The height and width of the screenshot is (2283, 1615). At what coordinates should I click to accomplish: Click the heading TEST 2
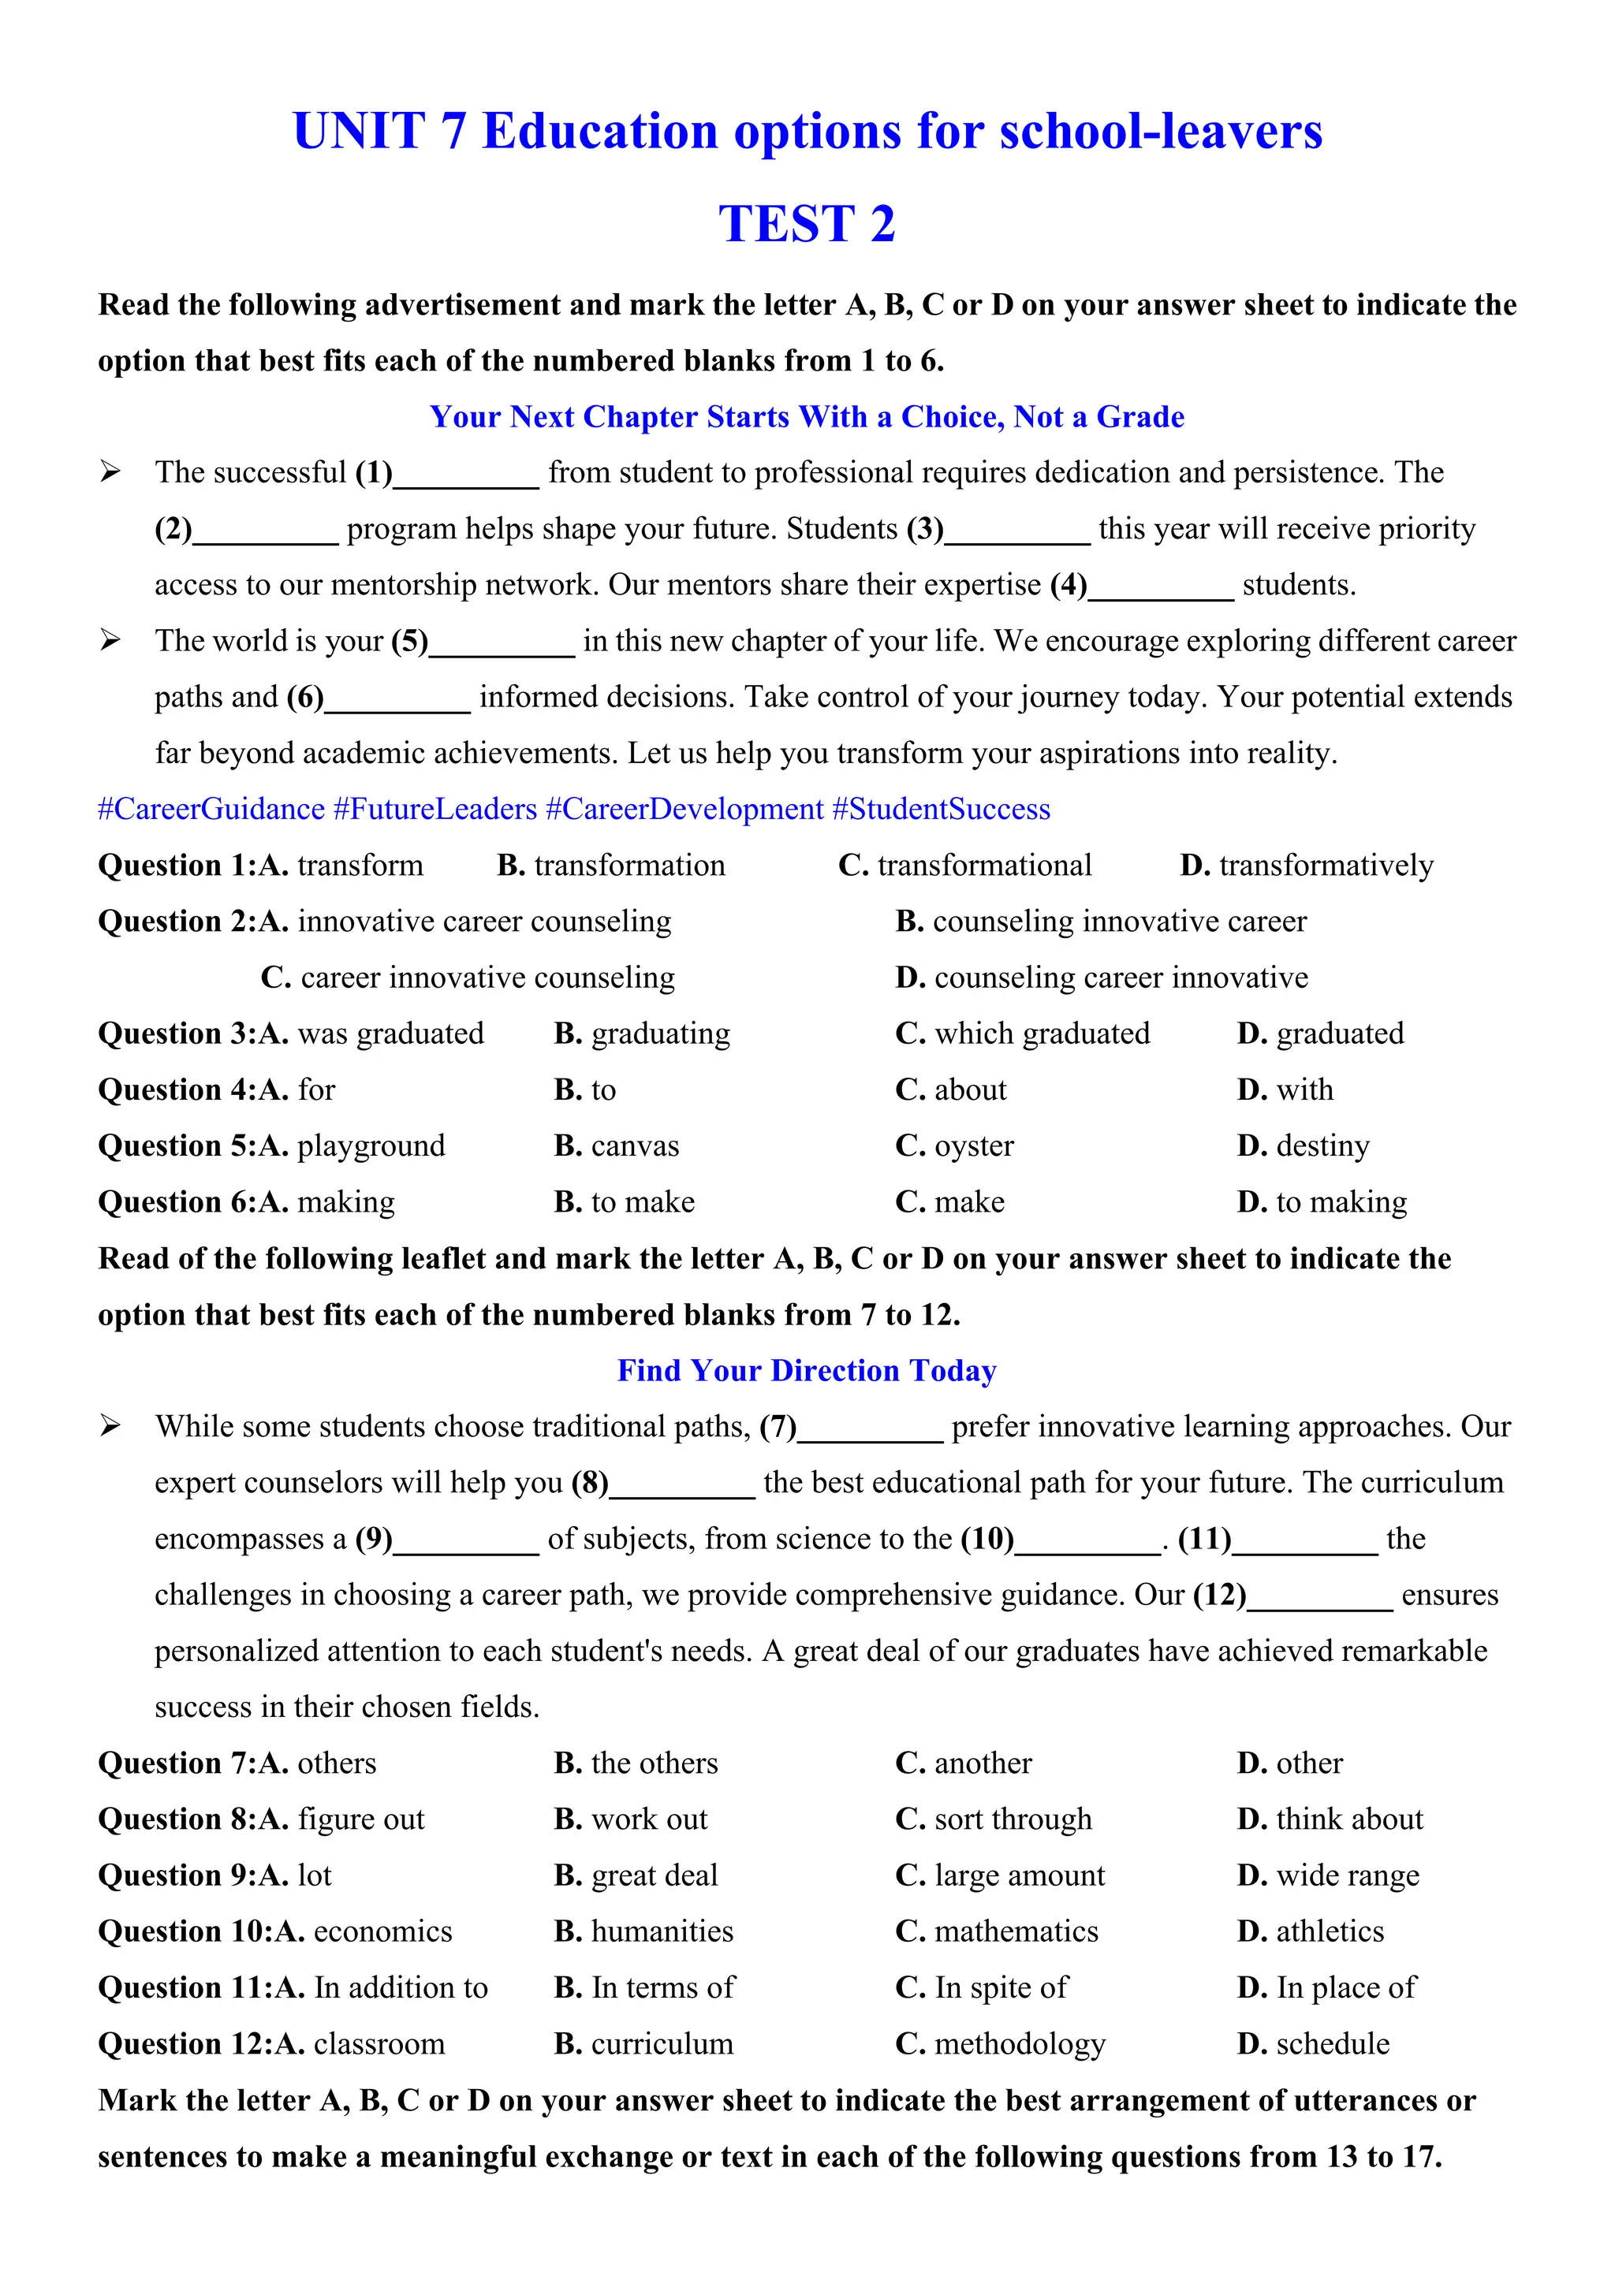coord(807,224)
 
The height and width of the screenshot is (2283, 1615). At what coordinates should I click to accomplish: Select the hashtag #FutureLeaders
coord(435,810)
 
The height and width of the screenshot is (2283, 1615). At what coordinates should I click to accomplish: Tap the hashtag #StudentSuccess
coord(941,810)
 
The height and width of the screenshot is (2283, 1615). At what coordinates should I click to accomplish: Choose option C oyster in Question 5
coord(955,1146)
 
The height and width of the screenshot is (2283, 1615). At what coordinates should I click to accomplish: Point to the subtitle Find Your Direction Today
coord(807,1371)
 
